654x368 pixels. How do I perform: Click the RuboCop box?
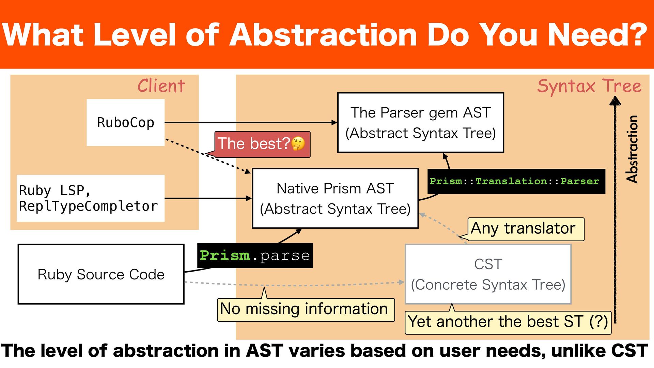tap(125, 123)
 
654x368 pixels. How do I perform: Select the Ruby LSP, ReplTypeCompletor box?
tap(91, 198)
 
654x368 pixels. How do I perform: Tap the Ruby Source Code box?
tap(101, 274)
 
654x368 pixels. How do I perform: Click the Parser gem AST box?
tap(420, 123)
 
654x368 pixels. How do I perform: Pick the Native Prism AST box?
tap(335, 198)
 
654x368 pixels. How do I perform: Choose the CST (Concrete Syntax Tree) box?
tap(488, 274)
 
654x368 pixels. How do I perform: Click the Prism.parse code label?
tap(255, 256)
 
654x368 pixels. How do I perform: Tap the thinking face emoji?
tap(298, 144)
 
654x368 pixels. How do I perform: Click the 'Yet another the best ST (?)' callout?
tap(508, 322)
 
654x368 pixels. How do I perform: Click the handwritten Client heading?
tap(161, 86)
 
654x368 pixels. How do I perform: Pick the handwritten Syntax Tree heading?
tap(589, 86)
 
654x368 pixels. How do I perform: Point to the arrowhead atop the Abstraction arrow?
tap(615, 101)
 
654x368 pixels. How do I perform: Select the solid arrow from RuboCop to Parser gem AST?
tap(251, 122)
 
